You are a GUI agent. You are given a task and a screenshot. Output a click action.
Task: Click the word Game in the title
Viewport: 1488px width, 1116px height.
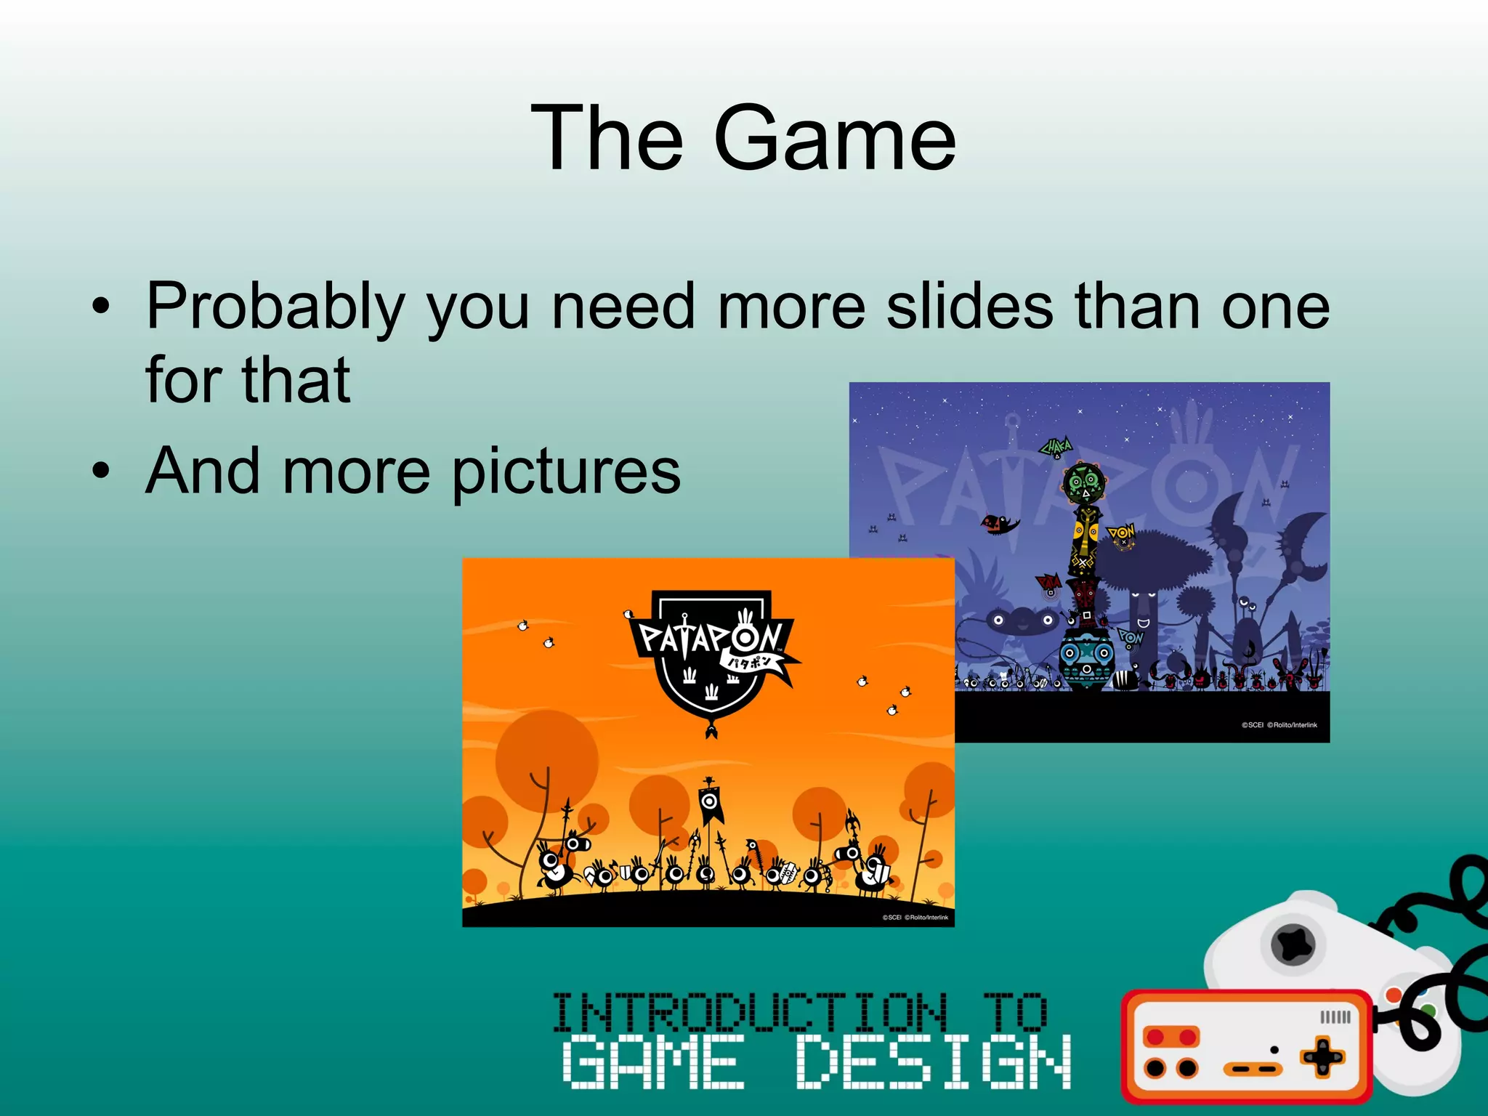click(835, 138)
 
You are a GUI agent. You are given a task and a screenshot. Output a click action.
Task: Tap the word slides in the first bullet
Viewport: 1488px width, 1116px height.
click(969, 307)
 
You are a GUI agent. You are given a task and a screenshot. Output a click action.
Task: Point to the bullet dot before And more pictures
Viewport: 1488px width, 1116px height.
click(101, 471)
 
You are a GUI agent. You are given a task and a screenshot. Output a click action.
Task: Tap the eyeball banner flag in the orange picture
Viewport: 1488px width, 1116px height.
click(710, 801)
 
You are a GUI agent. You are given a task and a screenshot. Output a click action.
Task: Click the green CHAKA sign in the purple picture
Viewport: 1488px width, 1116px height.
click(1056, 448)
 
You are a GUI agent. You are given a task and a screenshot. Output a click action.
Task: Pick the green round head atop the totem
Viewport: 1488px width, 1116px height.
click(1084, 482)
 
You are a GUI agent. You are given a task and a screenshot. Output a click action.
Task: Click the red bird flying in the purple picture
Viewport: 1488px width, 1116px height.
click(999, 523)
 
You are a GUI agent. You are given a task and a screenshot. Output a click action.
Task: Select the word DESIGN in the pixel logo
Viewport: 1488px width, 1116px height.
click(934, 1062)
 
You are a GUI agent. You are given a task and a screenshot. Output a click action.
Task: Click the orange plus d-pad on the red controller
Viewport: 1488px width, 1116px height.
click(1322, 1057)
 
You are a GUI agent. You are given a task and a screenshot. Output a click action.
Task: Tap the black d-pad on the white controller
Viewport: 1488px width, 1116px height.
click(1293, 945)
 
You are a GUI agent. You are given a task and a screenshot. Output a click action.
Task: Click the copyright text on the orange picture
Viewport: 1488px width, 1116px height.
click(915, 918)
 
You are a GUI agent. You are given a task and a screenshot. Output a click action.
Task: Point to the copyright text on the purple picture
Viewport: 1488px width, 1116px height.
click(1279, 725)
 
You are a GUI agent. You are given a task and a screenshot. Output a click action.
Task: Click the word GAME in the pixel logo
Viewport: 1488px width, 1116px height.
click(653, 1062)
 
